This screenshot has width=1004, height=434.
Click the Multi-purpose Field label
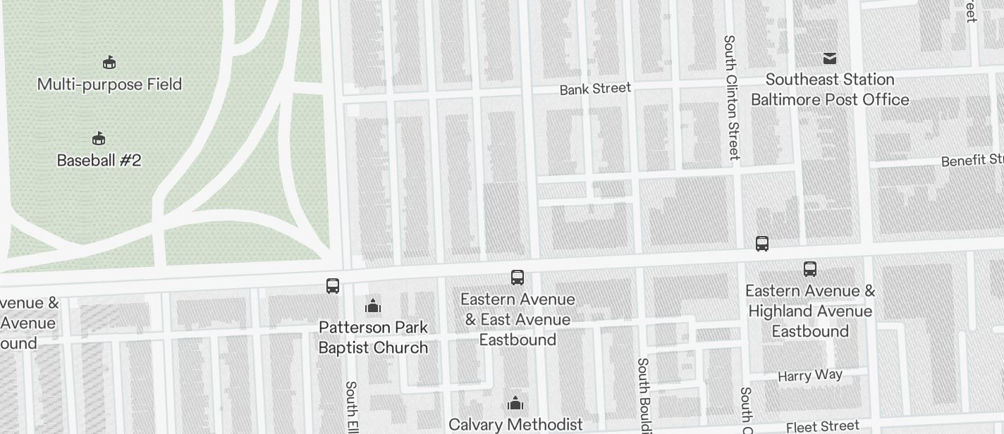point(109,85)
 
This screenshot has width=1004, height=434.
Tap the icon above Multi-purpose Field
point(109,63)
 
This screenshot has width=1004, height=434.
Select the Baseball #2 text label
point(99,161)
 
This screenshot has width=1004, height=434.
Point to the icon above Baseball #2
point(99,138)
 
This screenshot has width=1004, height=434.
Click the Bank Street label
point(595,89)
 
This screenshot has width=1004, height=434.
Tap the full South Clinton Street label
point(731,97)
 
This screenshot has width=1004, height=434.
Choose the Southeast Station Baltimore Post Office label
point(830,89)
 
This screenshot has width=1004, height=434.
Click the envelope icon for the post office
point(830,58)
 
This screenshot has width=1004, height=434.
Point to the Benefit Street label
point(972,160)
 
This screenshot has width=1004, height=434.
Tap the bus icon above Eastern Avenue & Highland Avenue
point(810,268)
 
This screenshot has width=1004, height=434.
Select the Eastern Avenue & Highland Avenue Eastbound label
point(810,311)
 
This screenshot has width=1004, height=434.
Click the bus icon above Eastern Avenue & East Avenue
point(518,278)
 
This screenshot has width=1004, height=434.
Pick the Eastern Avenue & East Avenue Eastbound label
point(518,319)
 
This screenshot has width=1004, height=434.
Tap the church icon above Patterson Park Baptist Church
point(373,306)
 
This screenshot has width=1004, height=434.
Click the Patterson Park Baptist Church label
point(373,337)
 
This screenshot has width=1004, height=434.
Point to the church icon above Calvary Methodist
point(515,404)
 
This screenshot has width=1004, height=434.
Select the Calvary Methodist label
point(515,424)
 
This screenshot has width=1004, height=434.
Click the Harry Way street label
point(810,375)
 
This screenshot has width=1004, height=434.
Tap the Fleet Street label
point(823,426)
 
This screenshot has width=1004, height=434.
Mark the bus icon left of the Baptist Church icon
point(333,286)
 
